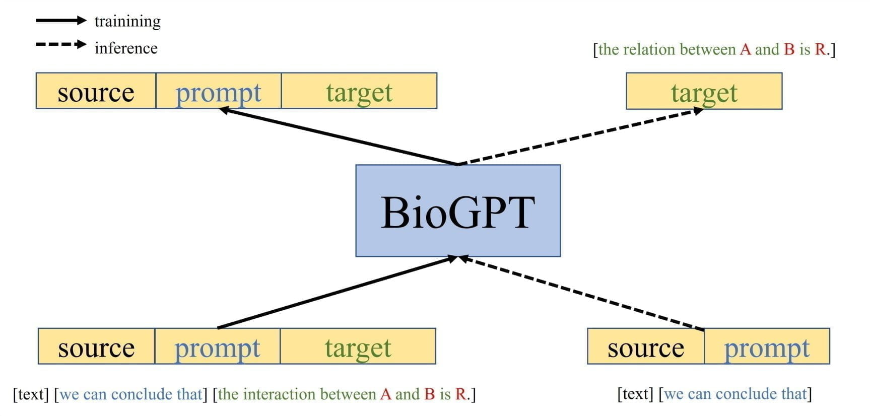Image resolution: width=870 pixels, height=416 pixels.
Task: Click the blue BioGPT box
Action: (x=457, y=211)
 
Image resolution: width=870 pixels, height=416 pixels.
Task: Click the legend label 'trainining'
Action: (x=127, y=21)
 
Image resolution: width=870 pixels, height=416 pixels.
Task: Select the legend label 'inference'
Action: (x=126, y=48)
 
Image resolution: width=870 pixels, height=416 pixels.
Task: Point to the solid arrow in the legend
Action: (x=61, y=21)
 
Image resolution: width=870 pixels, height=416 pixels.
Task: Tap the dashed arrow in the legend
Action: (x=61, y=44)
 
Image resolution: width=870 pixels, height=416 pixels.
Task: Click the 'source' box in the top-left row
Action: (x=96, y=91)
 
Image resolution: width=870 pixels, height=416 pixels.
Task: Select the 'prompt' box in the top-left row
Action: (x=218, y=91)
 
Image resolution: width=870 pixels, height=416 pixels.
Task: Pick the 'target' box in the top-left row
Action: (x=359, y=91)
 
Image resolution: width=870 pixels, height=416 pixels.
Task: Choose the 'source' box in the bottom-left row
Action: (x=96, y=346)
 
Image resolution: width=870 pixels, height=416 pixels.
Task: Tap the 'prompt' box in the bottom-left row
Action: (x=217, y=346)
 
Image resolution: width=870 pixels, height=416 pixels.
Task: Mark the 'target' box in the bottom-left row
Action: (x=358, y=346)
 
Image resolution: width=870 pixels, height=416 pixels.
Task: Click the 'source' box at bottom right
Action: (x=645, y=346)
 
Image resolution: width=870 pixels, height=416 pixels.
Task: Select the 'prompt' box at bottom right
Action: (x=767, y=346)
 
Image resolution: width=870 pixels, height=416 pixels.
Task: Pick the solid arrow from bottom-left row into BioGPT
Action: (x=338, y=292)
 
